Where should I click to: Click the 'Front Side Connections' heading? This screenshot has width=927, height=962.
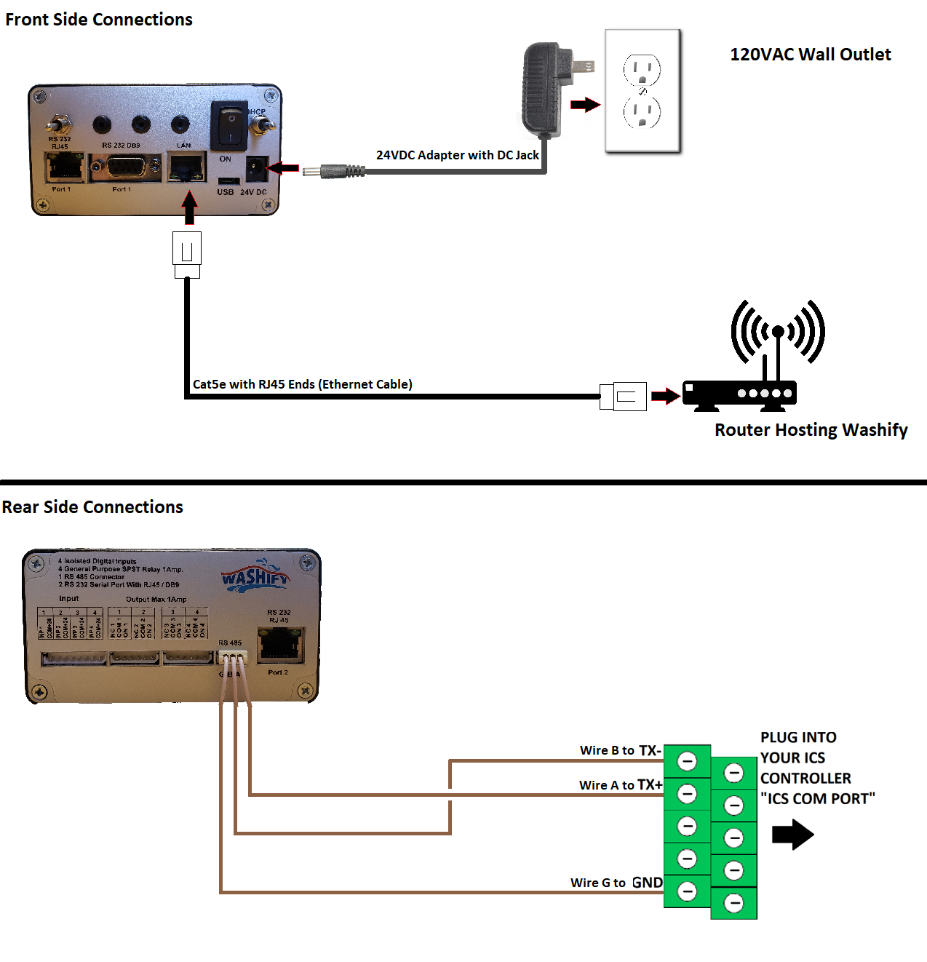pos(99,20)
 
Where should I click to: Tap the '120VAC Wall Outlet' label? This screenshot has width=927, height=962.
pos(810,55)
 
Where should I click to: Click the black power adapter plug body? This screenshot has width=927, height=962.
pos(541,89)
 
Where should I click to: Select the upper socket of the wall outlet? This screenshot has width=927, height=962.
pos(642,71)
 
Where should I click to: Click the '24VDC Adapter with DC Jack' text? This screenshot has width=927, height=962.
pos(457,155)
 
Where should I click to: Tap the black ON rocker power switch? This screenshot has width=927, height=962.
pos(228,126)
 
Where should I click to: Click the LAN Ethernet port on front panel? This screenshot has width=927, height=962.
pos(186,168)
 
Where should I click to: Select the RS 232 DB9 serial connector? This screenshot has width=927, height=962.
pos(124,169)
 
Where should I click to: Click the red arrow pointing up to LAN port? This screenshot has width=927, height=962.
pos(189,207)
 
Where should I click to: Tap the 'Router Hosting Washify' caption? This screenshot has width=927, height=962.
pos(811,430)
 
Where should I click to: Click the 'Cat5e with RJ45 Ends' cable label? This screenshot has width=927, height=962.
pos(302,384)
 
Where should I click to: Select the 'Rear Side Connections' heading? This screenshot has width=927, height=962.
pos(92,507)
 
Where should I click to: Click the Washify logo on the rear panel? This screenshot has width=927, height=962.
pos(255,577)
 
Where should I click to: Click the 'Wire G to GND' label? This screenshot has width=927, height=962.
pos(616,883)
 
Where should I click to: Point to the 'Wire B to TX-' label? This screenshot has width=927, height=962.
pos(620,750)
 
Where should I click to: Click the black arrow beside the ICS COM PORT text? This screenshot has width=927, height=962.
pos(792,835)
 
